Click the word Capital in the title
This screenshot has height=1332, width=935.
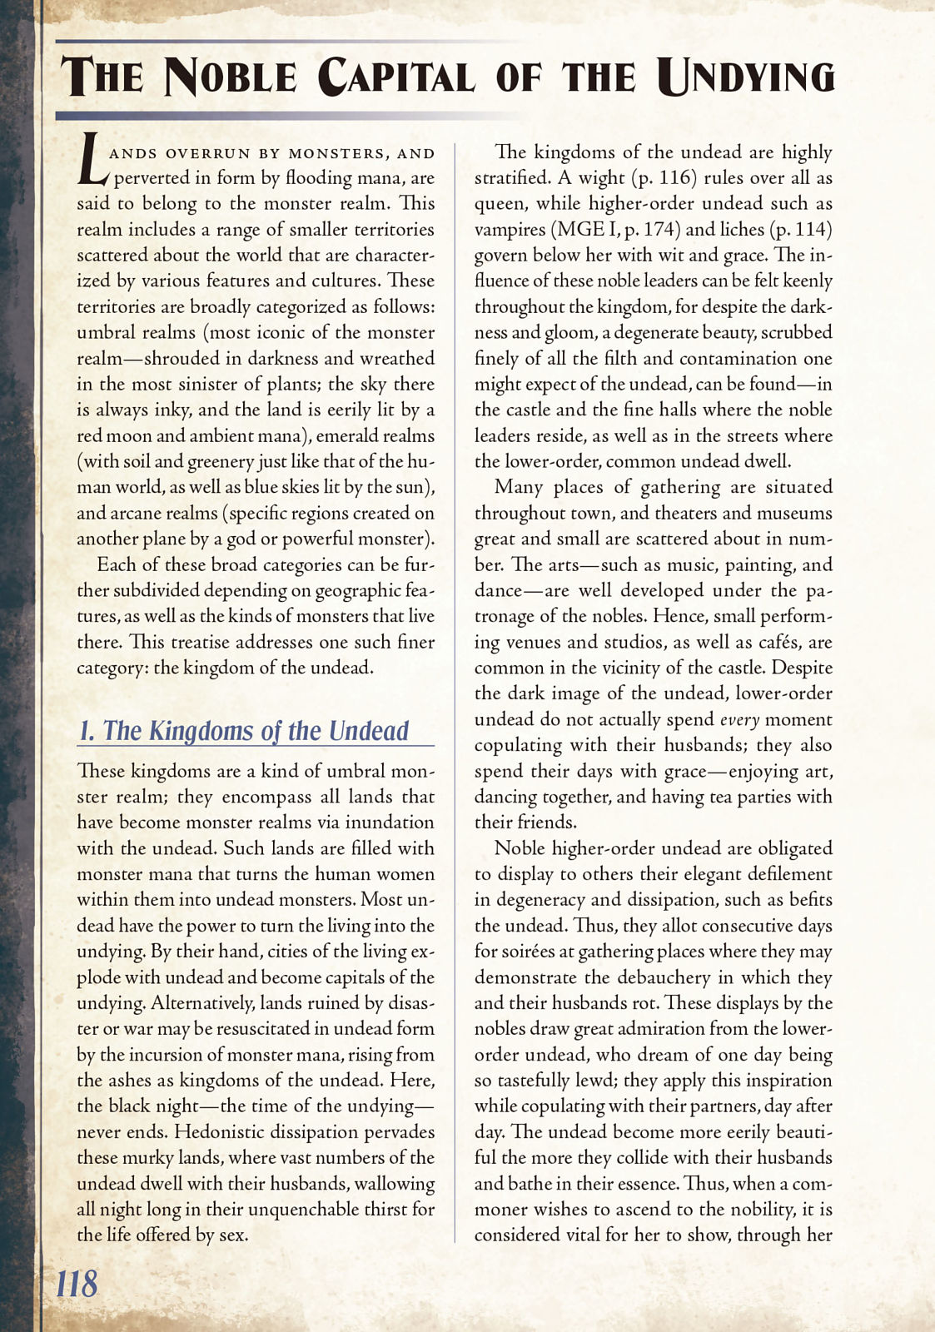coord(396,77)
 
